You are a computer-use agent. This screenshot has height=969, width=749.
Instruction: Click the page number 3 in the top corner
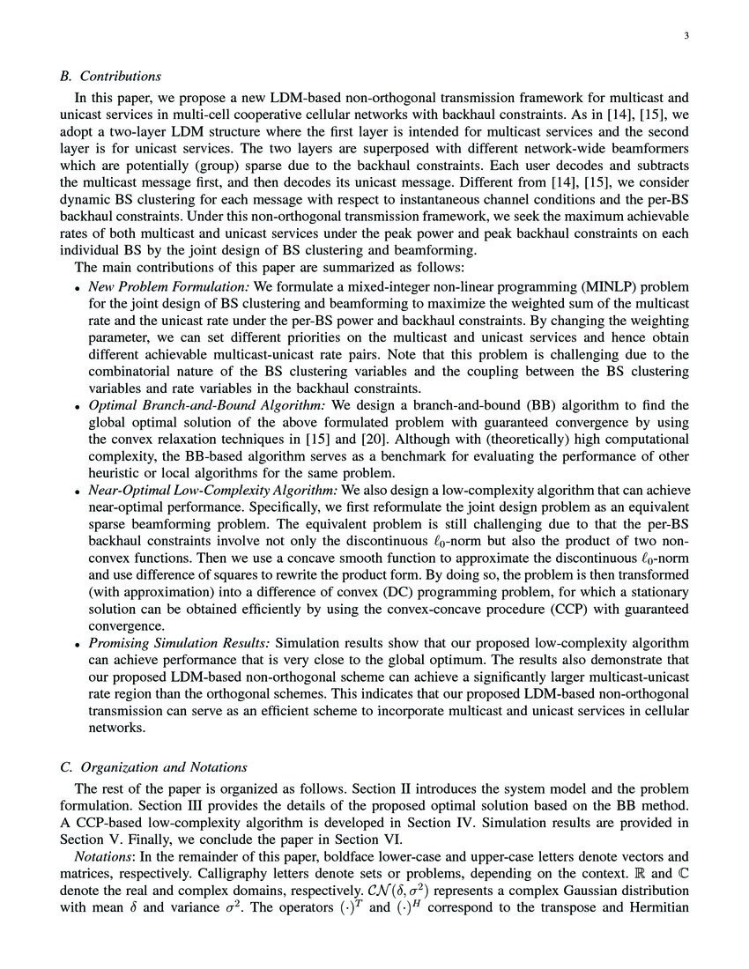685,36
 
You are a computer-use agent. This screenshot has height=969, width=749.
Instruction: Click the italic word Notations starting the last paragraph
100,857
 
